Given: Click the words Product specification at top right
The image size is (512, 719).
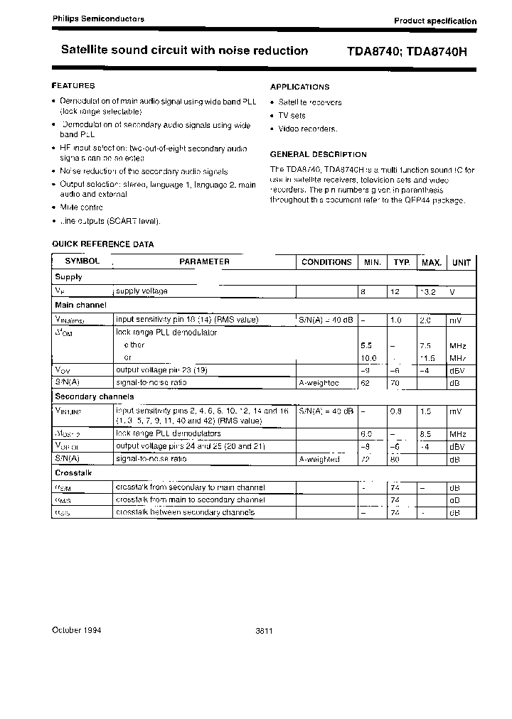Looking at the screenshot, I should [435, 21].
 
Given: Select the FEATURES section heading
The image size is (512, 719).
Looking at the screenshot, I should [73, 85].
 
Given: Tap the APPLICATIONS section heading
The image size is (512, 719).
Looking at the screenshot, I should [299, 87].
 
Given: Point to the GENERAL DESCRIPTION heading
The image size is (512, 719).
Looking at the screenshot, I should [318, 154].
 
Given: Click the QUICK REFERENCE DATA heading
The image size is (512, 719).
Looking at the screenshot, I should [102, 244].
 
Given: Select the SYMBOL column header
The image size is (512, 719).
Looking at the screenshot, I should [82, 261].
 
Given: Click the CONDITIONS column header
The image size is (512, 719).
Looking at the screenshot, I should [326, 262].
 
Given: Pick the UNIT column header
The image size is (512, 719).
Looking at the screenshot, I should [461, 262].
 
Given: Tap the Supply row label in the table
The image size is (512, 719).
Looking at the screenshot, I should [69, 277].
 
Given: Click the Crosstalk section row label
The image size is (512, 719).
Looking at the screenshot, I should [73, 472].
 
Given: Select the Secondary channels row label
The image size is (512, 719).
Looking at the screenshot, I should [95, 396].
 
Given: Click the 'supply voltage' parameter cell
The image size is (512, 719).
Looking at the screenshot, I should [142, 291].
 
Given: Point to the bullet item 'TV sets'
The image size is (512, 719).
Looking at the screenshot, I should [292, 115].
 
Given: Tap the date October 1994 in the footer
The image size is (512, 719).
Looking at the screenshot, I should [77, 630].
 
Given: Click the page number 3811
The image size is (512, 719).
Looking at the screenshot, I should [264, 631].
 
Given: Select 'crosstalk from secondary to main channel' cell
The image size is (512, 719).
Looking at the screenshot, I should [190, 487].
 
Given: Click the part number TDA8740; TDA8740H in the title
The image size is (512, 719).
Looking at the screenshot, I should [407, 51].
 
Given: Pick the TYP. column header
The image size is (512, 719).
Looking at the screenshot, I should [402, 262].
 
